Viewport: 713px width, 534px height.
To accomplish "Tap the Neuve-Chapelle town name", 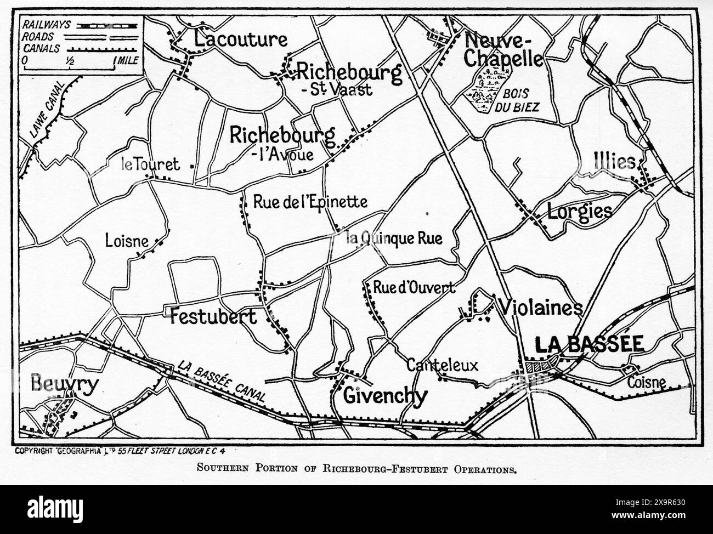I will [x=503, y=49].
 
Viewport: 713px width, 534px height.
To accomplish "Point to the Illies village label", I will [x=615, y=162].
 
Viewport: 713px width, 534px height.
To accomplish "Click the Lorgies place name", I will [x=579, y=211].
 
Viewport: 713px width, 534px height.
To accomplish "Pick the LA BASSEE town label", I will [x=589, y=344].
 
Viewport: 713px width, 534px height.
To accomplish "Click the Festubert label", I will [x=213, y=316].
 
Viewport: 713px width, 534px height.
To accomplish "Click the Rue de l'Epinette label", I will [x=310, y=202].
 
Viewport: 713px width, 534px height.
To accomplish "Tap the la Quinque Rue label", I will [x=394, y=238].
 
